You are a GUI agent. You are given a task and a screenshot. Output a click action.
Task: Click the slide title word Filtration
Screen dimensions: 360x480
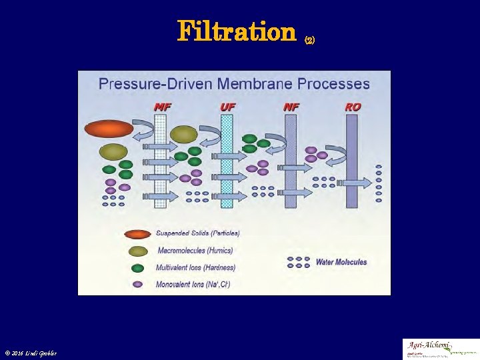(236, 31)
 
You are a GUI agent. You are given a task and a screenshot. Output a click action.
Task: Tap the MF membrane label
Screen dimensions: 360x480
(162, 107)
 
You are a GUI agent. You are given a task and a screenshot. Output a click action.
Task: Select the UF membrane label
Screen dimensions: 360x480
(227, 107)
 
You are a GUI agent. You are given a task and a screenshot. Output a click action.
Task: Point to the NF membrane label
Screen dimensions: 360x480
(291, 107)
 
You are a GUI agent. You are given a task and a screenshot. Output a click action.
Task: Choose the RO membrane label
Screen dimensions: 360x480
(353, 107)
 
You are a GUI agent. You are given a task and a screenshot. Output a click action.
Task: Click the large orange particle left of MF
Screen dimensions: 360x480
(109, 129)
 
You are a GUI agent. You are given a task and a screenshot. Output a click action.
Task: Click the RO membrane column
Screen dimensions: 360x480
(352, 160)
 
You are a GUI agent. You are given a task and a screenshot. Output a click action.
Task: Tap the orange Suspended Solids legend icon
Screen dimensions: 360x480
(138, 234)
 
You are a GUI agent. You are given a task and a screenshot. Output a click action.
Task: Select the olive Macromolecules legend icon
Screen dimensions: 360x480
(138, 251)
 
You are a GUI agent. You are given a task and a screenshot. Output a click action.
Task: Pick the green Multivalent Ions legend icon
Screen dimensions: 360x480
(138, 268)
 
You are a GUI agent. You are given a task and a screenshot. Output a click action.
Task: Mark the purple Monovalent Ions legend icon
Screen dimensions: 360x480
(138, 284)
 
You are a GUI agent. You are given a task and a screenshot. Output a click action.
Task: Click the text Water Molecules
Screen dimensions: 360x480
(341, 262)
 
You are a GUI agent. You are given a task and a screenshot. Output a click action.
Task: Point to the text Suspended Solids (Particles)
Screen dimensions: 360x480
(198, 233)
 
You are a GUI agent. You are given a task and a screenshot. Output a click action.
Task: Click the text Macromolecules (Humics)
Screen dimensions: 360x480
(195, 251)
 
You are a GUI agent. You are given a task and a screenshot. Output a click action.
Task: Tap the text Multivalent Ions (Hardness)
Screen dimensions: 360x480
(195, 267)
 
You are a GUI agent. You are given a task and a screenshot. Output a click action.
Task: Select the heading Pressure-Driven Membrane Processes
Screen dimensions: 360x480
(234, 84)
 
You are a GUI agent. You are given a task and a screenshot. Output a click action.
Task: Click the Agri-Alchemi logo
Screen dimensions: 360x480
(440, 349)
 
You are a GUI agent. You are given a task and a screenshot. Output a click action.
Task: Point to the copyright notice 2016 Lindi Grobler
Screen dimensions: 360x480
(31, 353)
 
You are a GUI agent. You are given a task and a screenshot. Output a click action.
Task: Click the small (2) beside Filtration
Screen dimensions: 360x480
(309, 40)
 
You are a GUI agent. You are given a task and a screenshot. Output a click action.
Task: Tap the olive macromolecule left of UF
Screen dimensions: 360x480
(183, 135)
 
